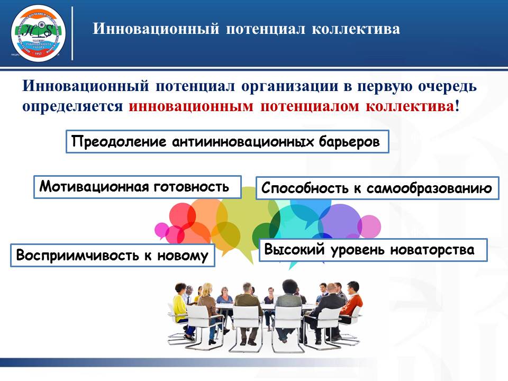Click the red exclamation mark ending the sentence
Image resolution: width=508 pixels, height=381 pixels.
tap(457, 105)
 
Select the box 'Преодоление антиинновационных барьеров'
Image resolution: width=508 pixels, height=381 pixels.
tap(227, 142)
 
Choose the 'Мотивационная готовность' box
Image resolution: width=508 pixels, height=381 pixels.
tap(137, 187)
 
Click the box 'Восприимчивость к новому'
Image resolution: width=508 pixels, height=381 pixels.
tap(113, 255)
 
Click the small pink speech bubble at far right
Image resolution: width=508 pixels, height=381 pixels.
tap(370, 227)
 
